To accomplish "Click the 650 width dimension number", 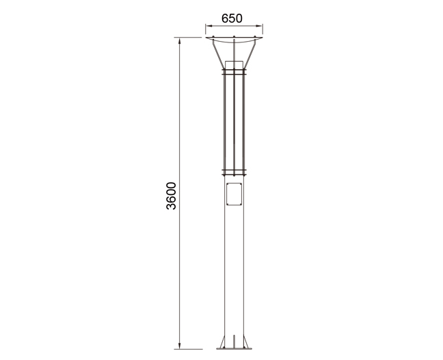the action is click(232, 18).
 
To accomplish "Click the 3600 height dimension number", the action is click(171, 196).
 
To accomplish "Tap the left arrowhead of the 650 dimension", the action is click(209, 26).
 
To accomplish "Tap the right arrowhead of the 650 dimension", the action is click(259, 26).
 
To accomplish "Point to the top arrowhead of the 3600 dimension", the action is click(179, 41).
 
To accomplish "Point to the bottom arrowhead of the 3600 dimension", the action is click(179, 346).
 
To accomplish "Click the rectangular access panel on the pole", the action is click(234, 194).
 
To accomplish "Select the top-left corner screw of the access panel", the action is click(228, 184).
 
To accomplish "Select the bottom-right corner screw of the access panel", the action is click(240, 204).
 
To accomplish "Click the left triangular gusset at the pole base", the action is click(222, 343).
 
